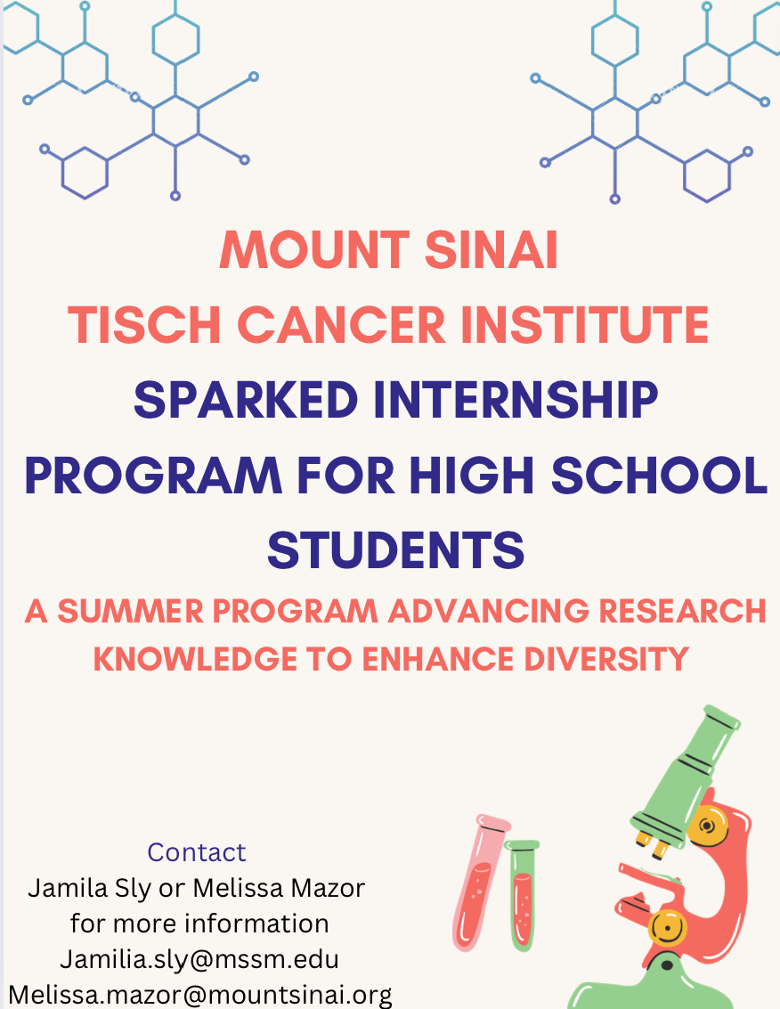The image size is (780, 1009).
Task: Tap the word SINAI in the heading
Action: pos(491,249)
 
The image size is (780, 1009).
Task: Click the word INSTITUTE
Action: pos(585,324)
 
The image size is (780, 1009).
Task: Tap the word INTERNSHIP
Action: pos(516,400)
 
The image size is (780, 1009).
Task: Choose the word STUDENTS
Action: pos(396,550)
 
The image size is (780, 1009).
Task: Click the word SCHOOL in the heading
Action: pos(659,475)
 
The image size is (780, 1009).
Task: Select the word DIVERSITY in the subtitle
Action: pos(606,659)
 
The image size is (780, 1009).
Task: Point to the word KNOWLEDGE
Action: pos(196,659)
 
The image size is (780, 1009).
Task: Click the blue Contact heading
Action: pos(196,852)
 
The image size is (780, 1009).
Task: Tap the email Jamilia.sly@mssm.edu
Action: pos(199,959)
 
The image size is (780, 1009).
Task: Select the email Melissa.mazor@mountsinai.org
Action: pos(200,995)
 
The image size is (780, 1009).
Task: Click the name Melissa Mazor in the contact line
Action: pos(279,888)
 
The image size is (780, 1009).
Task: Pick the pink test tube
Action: pos(479,882)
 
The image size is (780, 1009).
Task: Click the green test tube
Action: pos(522,895)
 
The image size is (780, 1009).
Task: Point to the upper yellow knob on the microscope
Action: pos(707,826)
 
